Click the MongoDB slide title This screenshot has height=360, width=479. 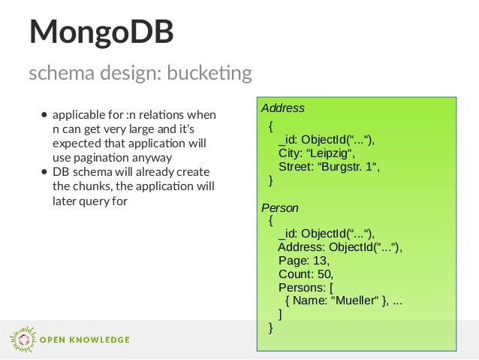[x=101, y=32]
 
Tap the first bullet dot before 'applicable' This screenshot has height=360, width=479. [x=45, y=116]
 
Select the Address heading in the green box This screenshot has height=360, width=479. [x=282, y=108]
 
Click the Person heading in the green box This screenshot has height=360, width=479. [x=279, y=207]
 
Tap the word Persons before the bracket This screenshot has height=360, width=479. [x=302, y=287]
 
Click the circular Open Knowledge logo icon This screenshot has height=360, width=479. [x=22, y=339]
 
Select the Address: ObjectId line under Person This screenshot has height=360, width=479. [x=340, y=247]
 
